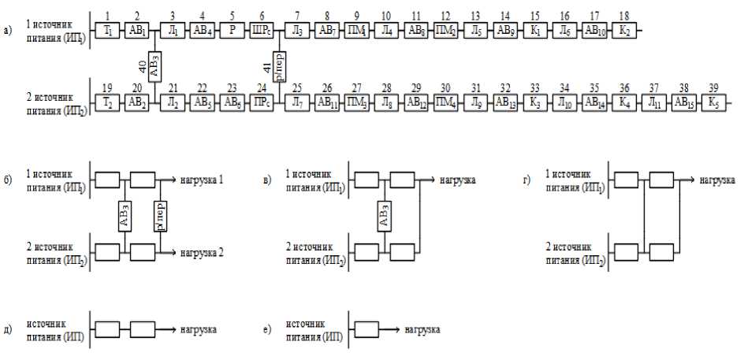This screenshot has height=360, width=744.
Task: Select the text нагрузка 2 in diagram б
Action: click(x=202, y=252)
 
